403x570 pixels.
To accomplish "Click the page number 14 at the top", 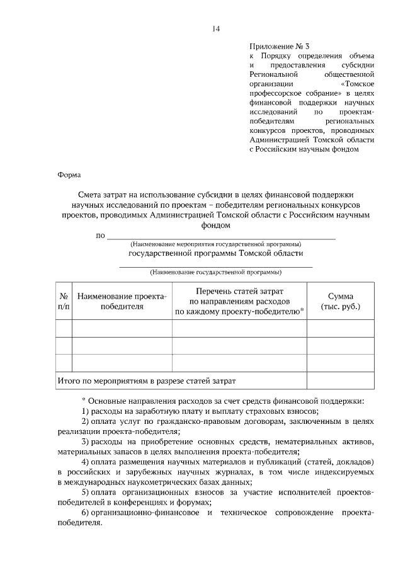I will click(x=215, y=28).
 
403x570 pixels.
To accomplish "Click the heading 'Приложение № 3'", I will click(x=280, y=46).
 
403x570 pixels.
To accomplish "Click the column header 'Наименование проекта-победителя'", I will click(x=122, y=301).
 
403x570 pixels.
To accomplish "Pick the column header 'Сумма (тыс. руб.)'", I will click(x=340, y=301).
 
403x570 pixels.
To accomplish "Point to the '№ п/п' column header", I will click(x=64, y=301).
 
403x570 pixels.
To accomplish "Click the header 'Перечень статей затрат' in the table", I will click(x=239, y=292).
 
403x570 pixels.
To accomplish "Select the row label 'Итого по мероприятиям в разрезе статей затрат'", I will click(x=146, y=380).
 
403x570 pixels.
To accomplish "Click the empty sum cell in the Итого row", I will click(x=340, y=380).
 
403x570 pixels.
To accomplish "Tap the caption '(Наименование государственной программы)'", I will click(x=215, y=273).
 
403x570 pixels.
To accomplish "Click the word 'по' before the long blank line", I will click(x=99, y=236).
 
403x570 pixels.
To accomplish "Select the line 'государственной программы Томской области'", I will click(x=215, y=253).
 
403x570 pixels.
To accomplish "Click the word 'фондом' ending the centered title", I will click(x=215, y=224).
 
